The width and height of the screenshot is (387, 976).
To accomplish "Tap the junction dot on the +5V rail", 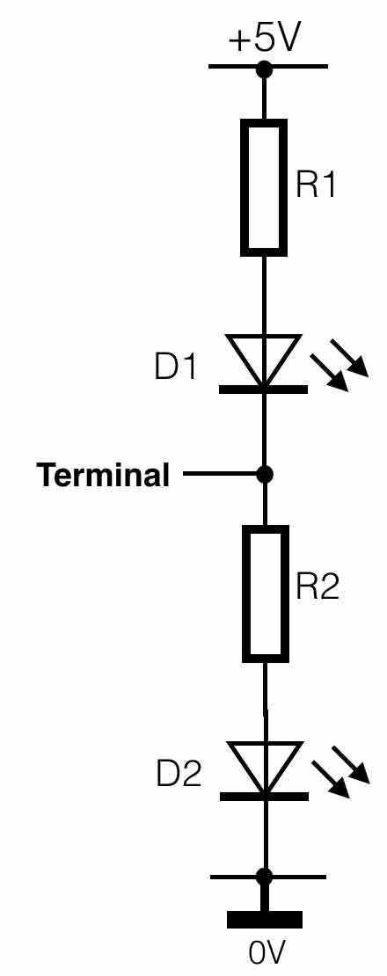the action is (x=265, y=69).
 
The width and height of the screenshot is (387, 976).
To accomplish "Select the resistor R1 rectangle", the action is (x=264, y=187).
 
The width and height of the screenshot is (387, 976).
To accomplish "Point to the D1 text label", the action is (x=175, y=367).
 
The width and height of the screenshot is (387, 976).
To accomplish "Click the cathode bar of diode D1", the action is (x=263, y=390).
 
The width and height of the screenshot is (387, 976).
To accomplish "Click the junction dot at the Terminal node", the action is (x=265, y=475).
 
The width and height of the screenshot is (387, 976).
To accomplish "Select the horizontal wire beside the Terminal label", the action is (x=220, y=475).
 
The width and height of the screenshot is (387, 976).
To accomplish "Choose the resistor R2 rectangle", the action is (x=265, y=594).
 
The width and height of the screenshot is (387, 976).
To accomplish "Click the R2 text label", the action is (x=318, y=586).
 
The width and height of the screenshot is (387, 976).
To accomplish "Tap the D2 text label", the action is (x=179, y=775).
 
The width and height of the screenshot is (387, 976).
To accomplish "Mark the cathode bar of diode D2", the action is (x=264, y=797).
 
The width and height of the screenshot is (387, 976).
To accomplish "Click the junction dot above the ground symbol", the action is (x=265, y=877).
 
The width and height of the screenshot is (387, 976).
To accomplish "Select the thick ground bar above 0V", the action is (x=265, y=920).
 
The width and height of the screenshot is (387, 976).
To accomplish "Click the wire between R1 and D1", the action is (x=264, y=295).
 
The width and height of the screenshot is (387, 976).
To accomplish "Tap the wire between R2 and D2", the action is (x=265, y=703).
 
